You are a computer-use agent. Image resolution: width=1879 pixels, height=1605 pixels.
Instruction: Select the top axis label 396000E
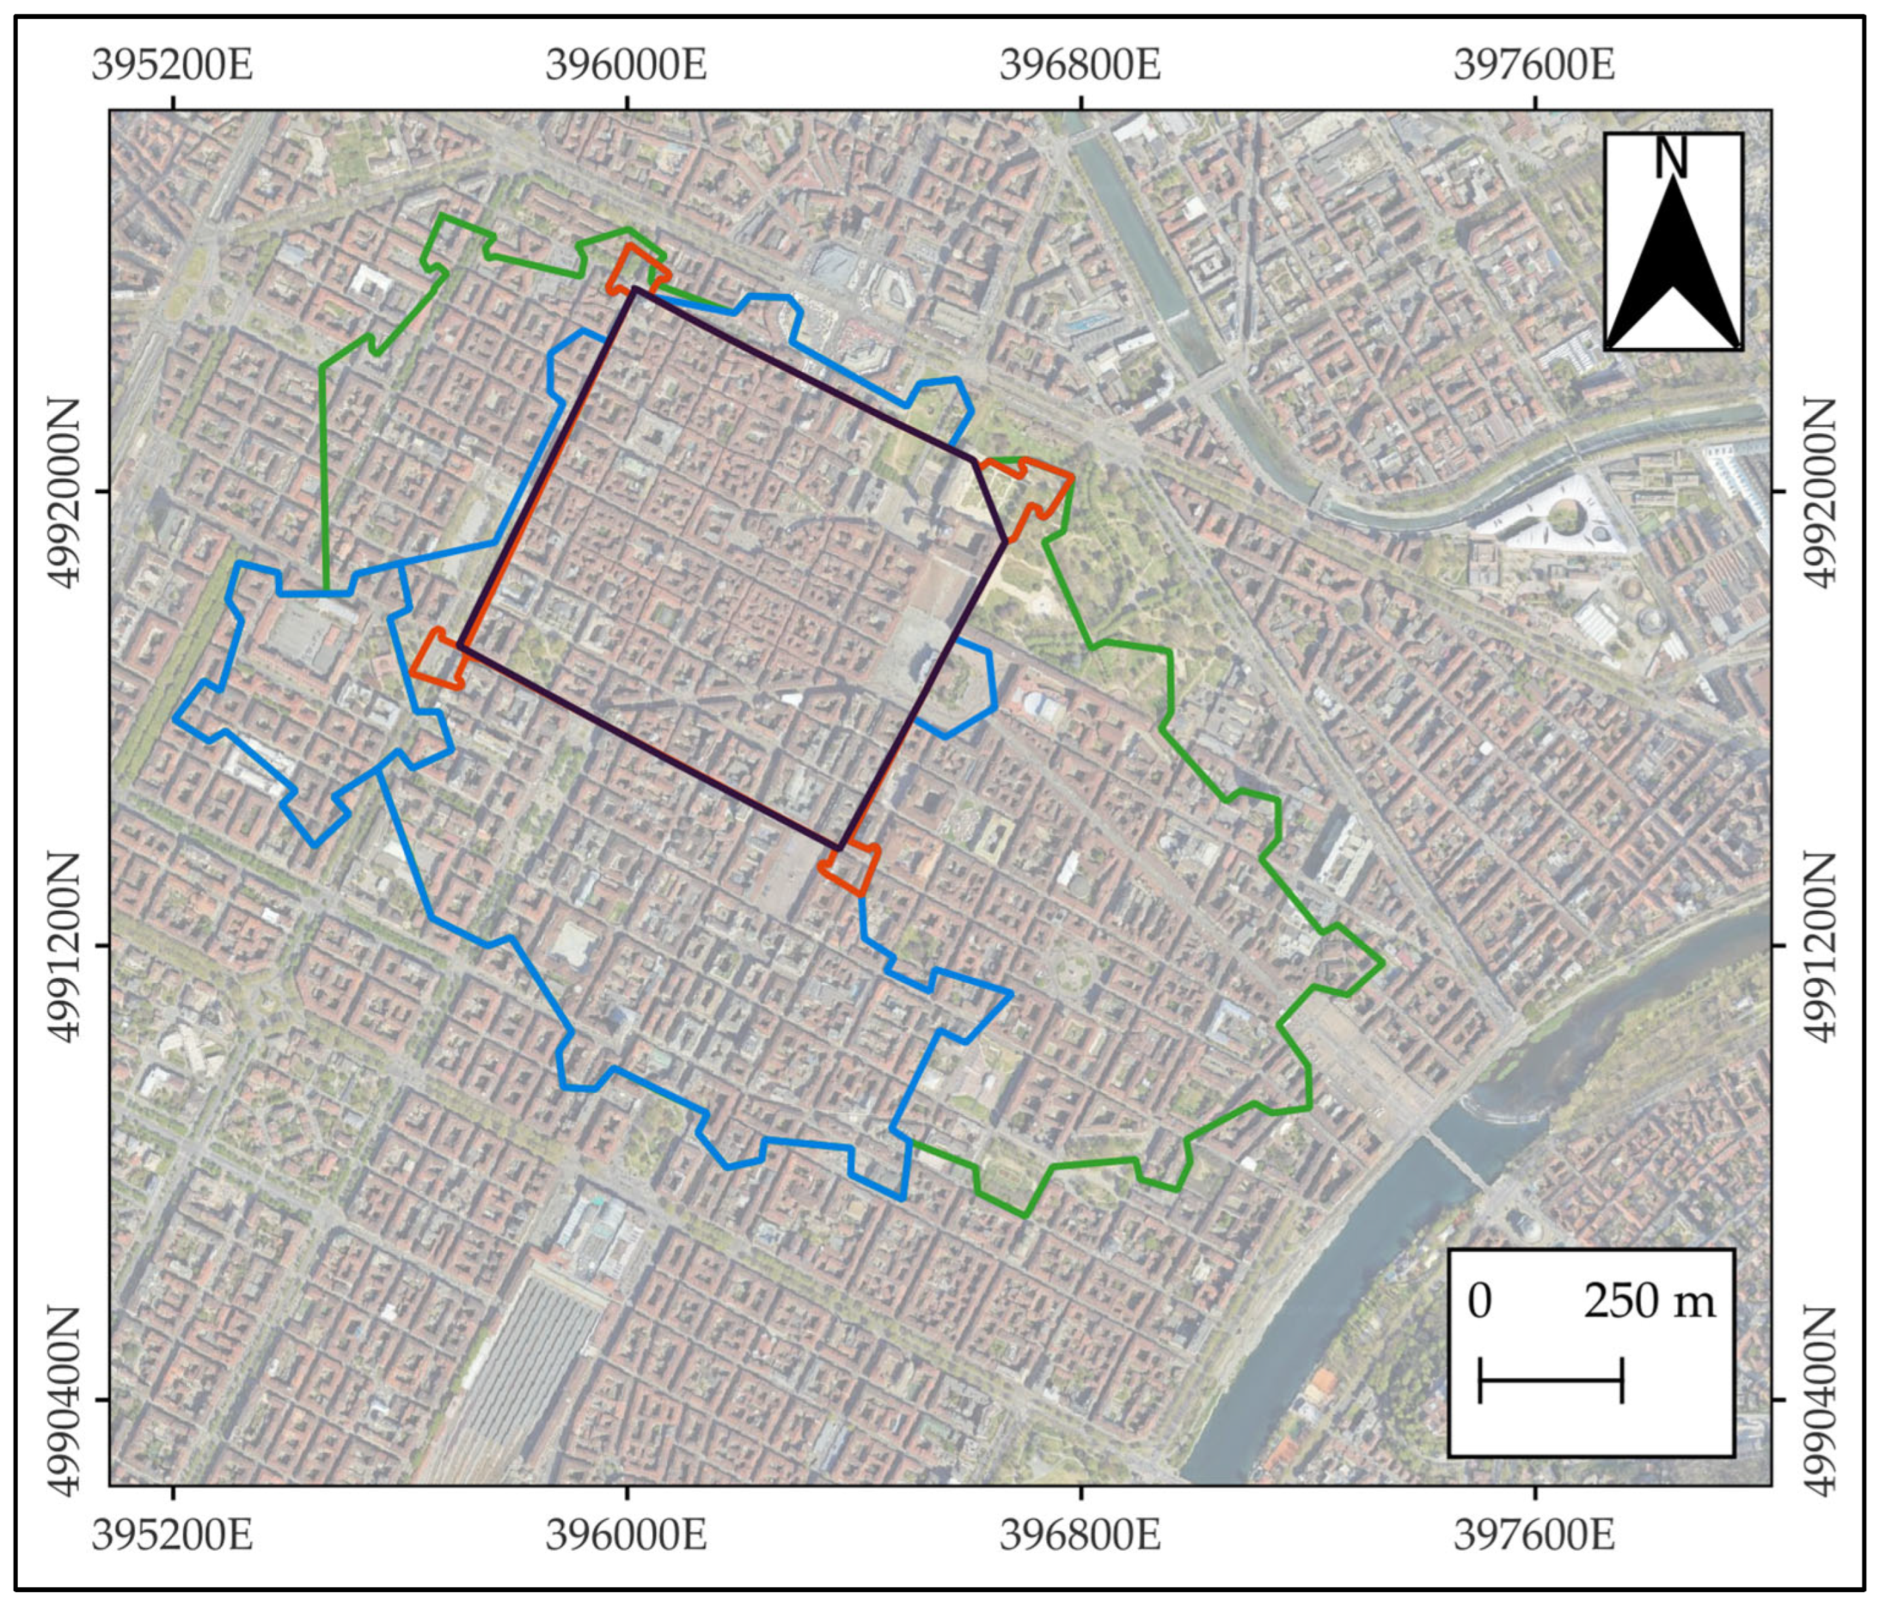point(626,66)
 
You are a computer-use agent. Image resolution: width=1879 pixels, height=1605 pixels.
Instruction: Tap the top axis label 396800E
point(1080,66)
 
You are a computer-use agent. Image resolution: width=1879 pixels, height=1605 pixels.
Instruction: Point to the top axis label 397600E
point(1535,66)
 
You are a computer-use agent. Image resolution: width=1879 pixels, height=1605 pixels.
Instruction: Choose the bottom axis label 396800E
point(1080,1535)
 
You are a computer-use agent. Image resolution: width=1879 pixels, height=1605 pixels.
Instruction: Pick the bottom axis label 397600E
point(1535,1535)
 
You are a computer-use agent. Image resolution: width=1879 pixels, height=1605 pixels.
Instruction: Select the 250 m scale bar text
point(1649,1302)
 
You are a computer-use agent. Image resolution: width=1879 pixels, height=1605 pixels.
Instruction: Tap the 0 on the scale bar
point(1479,1302)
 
